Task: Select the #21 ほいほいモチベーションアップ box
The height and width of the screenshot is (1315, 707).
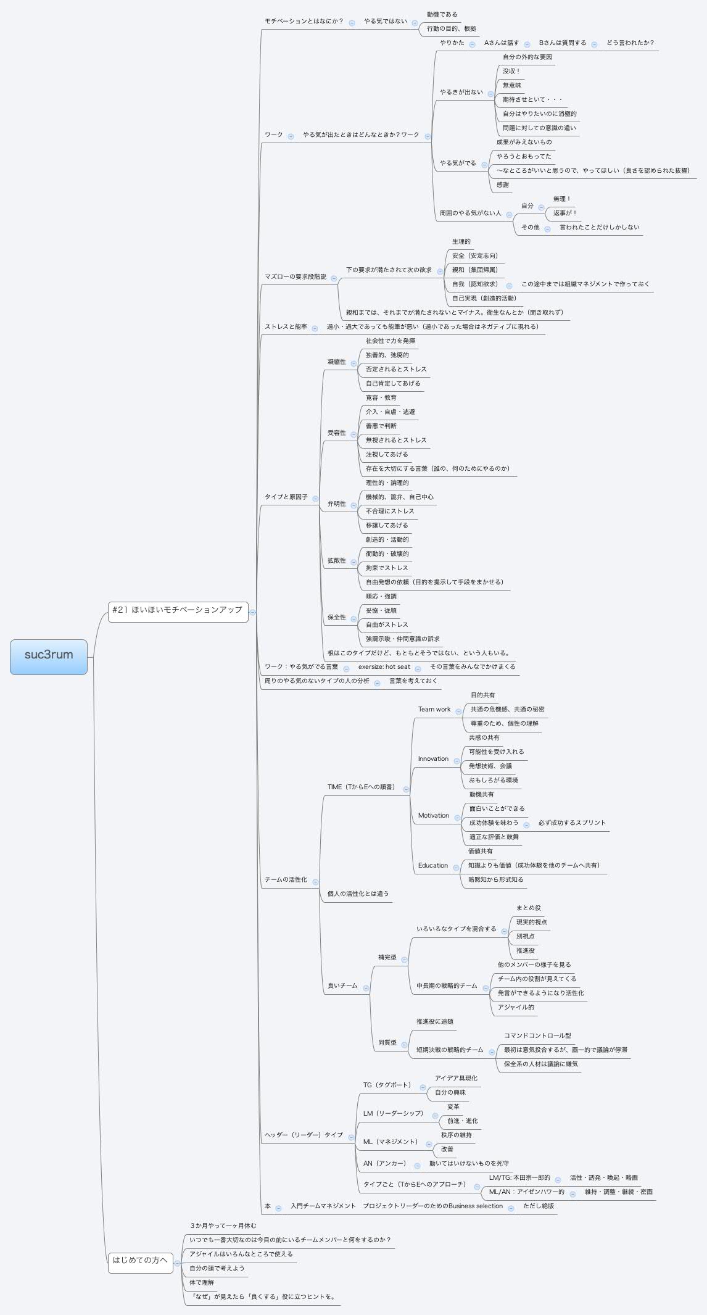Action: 178,610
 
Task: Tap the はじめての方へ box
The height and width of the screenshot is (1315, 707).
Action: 140,1260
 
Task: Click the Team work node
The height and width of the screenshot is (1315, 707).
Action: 434,710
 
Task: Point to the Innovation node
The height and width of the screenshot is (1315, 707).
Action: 433,759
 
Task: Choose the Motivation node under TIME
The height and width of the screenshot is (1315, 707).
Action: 433,816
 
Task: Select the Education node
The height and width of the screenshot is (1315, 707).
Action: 432,866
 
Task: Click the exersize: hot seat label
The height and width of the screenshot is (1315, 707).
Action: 384,667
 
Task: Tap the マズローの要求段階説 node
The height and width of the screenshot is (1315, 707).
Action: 296,277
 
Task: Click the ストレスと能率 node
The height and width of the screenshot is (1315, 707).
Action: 286,327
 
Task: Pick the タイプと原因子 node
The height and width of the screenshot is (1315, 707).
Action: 286,497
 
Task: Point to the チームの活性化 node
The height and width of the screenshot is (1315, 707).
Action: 286,880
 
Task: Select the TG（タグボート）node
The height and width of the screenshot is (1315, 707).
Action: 387,1085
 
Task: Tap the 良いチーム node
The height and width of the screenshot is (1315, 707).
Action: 342,986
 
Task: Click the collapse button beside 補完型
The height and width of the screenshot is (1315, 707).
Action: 404,960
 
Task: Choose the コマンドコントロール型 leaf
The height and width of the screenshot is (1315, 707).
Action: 537,1035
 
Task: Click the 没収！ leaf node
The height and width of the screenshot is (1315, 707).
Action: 511,72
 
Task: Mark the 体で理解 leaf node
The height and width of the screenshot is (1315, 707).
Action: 202,1282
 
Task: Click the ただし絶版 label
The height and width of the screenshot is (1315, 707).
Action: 538,1206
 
